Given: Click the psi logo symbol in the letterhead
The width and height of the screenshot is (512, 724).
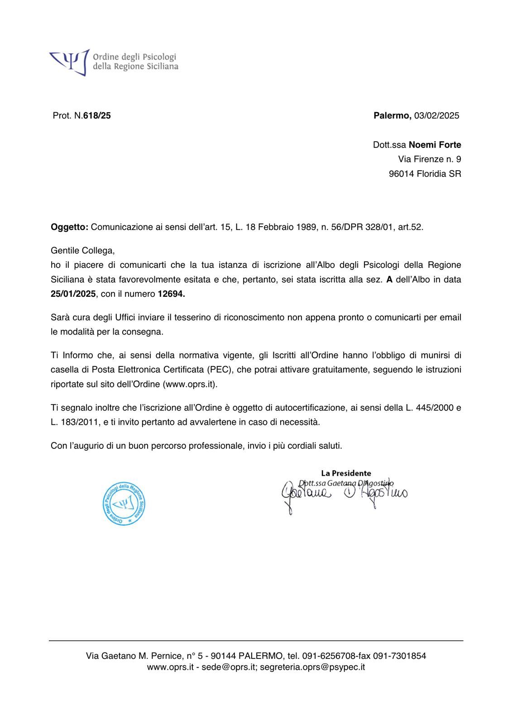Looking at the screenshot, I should tap(69, 62).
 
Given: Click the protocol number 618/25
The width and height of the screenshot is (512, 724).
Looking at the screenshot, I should tap(97, 115).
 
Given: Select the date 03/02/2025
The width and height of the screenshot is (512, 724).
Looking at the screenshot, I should tap(436, 115).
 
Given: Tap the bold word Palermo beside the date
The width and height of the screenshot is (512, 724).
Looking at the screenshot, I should tap(392, 115).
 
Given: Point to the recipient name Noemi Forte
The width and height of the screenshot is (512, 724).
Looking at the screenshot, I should tap(435, 145).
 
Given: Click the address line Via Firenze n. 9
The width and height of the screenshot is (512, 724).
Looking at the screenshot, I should tap(429, 159).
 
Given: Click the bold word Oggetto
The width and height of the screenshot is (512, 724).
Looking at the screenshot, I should tap(69, 227).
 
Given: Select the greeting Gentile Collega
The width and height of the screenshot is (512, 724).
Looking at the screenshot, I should tap(83, 250).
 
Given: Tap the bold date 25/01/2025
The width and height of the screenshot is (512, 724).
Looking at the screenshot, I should tap(73, 294).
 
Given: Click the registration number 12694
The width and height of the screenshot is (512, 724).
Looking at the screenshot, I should tap(171, 294).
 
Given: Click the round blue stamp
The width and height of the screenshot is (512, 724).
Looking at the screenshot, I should tap(124, 504).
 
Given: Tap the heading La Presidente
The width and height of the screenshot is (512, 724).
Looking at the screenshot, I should tap(346, 473).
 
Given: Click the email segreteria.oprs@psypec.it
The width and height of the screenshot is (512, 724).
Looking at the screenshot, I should tap(313, 667).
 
